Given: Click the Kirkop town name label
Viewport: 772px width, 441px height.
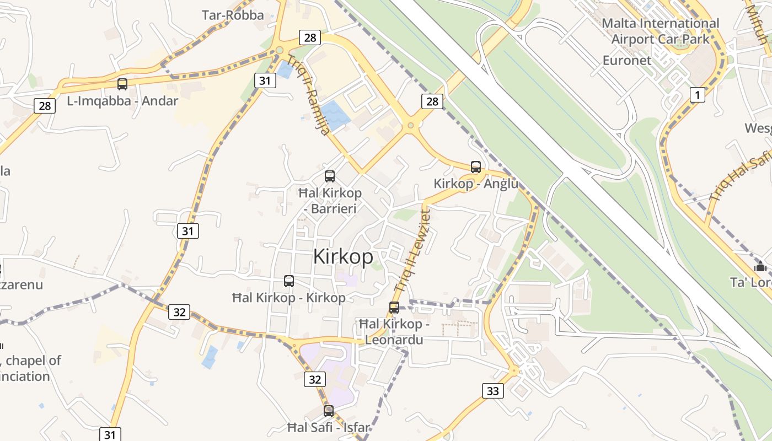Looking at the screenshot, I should (343, 257).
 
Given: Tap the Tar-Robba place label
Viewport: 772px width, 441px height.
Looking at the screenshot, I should (233, 15).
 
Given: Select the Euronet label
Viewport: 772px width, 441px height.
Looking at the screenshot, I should (627, 60).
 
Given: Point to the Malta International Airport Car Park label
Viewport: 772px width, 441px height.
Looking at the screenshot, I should (660, 31).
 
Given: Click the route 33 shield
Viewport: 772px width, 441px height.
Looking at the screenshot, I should (492, 391).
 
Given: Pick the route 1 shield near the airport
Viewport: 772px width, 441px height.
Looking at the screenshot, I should (697, 95).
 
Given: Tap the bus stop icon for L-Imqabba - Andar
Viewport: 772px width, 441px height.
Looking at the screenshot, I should (122, 84).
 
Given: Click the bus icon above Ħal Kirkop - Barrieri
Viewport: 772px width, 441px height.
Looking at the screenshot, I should (330, 176).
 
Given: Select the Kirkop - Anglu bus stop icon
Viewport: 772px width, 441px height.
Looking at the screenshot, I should (475, 166).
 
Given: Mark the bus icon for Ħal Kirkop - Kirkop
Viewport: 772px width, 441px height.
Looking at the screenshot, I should (288, 281).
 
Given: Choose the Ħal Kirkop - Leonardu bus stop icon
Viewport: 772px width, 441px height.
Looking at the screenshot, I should (394, 308).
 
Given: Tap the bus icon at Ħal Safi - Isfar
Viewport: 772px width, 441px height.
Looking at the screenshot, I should (329, 411).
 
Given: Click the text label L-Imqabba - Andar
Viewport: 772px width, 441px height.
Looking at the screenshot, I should (122, 101).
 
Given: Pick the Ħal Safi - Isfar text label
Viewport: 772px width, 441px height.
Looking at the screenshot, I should (329, 427).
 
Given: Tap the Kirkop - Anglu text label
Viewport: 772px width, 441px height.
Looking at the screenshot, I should (476, 184).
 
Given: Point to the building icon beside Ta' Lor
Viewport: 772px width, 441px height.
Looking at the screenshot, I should (761, 267).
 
